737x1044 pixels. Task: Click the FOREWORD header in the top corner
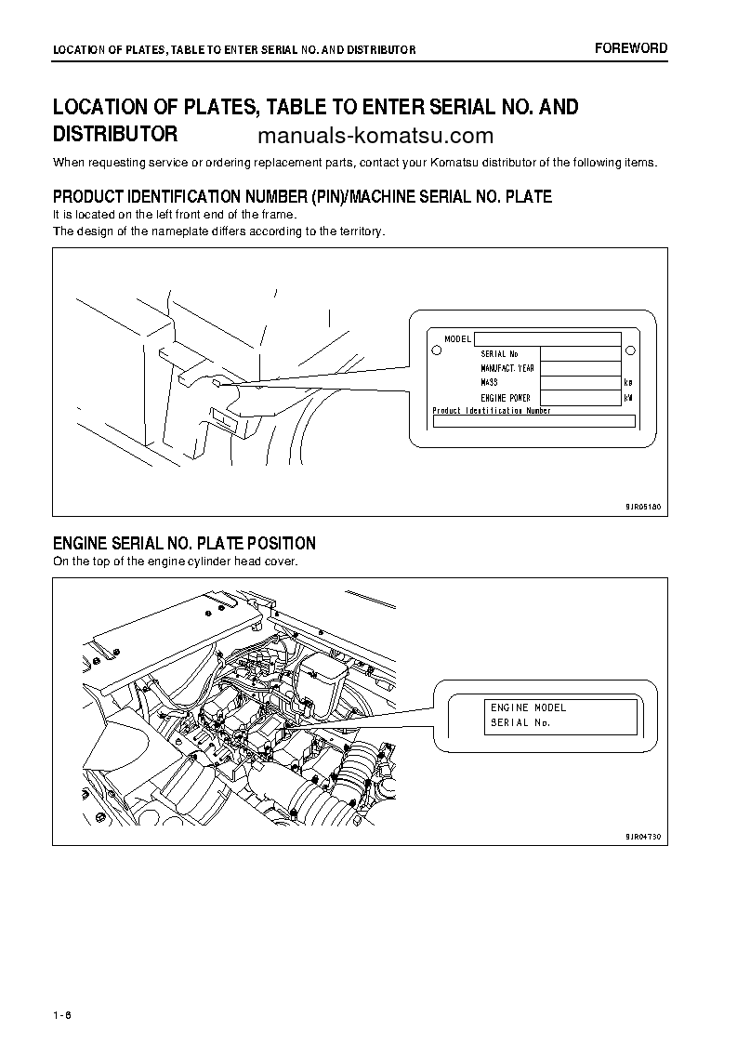tap(631, 48)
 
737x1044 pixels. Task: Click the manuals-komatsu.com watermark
tap(375, 137)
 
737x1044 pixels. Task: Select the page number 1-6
tap(63, 1013)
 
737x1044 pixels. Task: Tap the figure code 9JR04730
tap(642, 837)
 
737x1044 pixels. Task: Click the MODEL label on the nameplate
tap(458, 339)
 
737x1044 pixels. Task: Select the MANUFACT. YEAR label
tap(507, 368)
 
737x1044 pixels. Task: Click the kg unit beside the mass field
tap(629, 383)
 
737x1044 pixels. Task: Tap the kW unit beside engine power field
tap(629, 398)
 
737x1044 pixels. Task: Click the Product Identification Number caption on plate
tap(492, 410)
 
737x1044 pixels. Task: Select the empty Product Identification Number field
tap(533, 421)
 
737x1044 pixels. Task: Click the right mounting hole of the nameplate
tap(630, 351)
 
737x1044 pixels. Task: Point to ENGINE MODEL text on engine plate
tap(528, 707)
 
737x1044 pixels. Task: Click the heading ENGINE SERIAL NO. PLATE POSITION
tap(184, 543)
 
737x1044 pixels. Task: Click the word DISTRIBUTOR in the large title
tap(115, 133)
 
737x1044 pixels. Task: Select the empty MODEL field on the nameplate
tap(547, 339)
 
